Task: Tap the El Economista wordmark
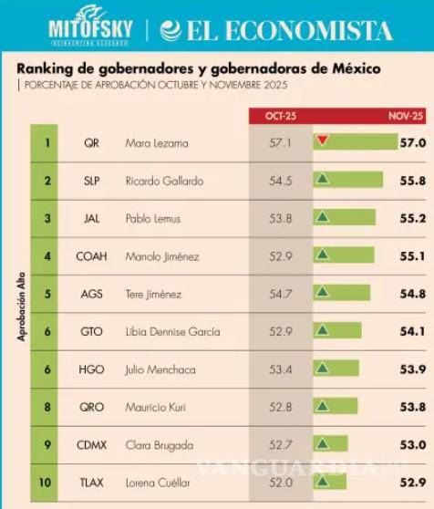click(278, 30)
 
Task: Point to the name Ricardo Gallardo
click(158, 181)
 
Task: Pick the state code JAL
click(91, 219)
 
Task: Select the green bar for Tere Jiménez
click(342, 294)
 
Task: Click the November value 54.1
click(412, 331)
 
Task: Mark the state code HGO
click(91, 369)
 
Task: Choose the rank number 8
click(46, 407)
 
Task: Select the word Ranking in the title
click(45, 68)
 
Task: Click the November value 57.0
click(412, 143)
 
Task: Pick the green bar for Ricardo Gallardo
click(348, 181)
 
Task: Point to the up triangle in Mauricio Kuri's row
click(322, 406)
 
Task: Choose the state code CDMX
click(91, 444)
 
